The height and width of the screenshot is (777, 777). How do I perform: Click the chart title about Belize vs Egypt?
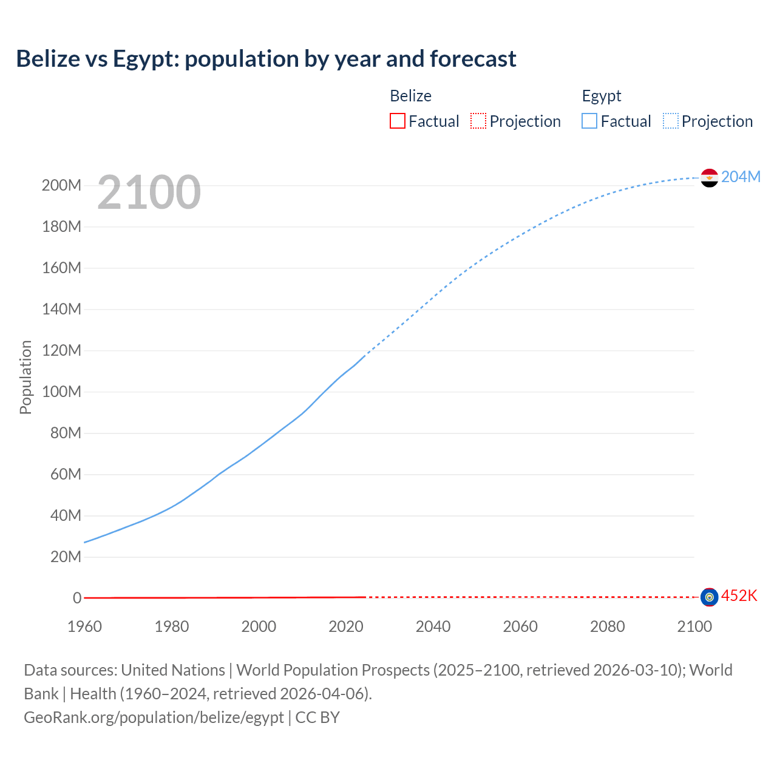click(x=266, y=59)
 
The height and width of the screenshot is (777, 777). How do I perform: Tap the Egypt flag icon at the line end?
click(x=709, y=178)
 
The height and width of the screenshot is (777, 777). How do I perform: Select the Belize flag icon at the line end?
click(x=709, y=597)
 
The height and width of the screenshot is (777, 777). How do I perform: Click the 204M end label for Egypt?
click(x=741, y=177)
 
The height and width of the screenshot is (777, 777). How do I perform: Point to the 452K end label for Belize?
click(x=739, y=595)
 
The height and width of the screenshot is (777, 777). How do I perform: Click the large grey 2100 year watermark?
click(x=149, y=192)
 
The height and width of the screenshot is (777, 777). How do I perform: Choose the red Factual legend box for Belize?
click(x=397, y=121)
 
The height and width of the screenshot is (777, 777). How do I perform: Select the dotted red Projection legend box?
click(x=478, y=121)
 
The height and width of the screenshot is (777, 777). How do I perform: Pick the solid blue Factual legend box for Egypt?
click(x=589, y=121)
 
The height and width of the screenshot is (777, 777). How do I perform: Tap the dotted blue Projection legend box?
click(x=671, y=121)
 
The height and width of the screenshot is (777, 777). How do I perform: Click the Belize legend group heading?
click(x=410, y=96)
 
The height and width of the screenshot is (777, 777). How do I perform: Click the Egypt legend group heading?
click(x=602, y=96)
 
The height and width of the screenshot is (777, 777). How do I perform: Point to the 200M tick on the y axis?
click(x=61, y=186)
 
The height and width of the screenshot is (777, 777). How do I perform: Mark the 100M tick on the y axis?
click(x=61, y=392)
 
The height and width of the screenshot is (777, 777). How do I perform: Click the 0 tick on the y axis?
click(x=77, y=598)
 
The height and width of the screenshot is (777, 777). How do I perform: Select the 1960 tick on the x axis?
click(x=84, y=626)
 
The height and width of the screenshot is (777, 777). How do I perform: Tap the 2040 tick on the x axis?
click(x=433, y=626)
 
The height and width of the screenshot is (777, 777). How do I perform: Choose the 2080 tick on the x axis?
click(x=607, y=626)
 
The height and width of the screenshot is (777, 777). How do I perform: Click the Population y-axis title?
click(x=25, y=377)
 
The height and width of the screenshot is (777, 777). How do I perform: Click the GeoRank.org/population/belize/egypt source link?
click(x=154, y=718)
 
